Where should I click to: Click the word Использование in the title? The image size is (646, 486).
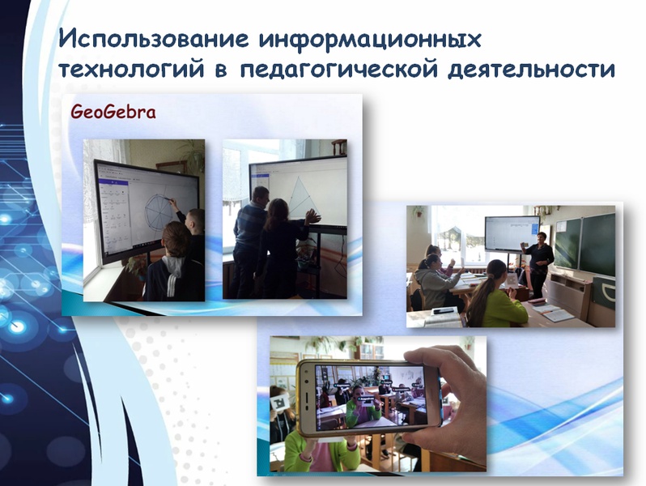click(154, 39)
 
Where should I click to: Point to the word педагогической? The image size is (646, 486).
click(338, 69)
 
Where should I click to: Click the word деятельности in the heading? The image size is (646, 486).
click(532, 69)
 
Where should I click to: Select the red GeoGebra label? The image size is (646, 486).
click(113, 112)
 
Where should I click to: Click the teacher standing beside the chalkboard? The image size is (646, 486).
click(538, 264)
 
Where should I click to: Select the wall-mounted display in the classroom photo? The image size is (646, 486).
click(512, 233)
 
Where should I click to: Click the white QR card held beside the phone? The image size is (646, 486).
click(281, 401)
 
